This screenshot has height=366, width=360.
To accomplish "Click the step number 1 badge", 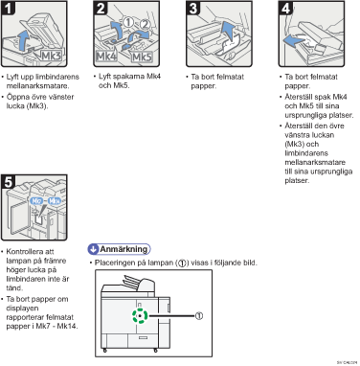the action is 8,8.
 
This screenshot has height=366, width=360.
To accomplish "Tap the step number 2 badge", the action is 101,8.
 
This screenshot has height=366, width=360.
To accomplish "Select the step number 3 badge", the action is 193,8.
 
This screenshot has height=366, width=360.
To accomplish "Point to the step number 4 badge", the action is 285,8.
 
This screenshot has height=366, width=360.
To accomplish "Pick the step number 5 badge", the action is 8,182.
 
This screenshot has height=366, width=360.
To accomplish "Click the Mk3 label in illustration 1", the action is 52,56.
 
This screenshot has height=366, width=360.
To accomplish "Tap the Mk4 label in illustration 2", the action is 106,57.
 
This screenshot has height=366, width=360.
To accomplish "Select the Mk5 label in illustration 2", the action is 142,57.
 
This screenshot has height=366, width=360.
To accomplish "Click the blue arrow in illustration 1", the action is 23,39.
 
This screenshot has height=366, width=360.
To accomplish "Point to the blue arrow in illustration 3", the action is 228,32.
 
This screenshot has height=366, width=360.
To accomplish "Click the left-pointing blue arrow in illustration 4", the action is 294,40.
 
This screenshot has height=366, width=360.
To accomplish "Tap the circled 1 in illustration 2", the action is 128,22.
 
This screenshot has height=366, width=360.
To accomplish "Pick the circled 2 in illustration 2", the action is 145,24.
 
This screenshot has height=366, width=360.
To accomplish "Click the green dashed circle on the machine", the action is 140,316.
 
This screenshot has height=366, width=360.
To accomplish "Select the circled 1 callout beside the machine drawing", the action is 199,316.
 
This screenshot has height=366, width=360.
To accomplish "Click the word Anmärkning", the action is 124,249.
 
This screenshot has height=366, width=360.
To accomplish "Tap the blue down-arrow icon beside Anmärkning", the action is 93,249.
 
